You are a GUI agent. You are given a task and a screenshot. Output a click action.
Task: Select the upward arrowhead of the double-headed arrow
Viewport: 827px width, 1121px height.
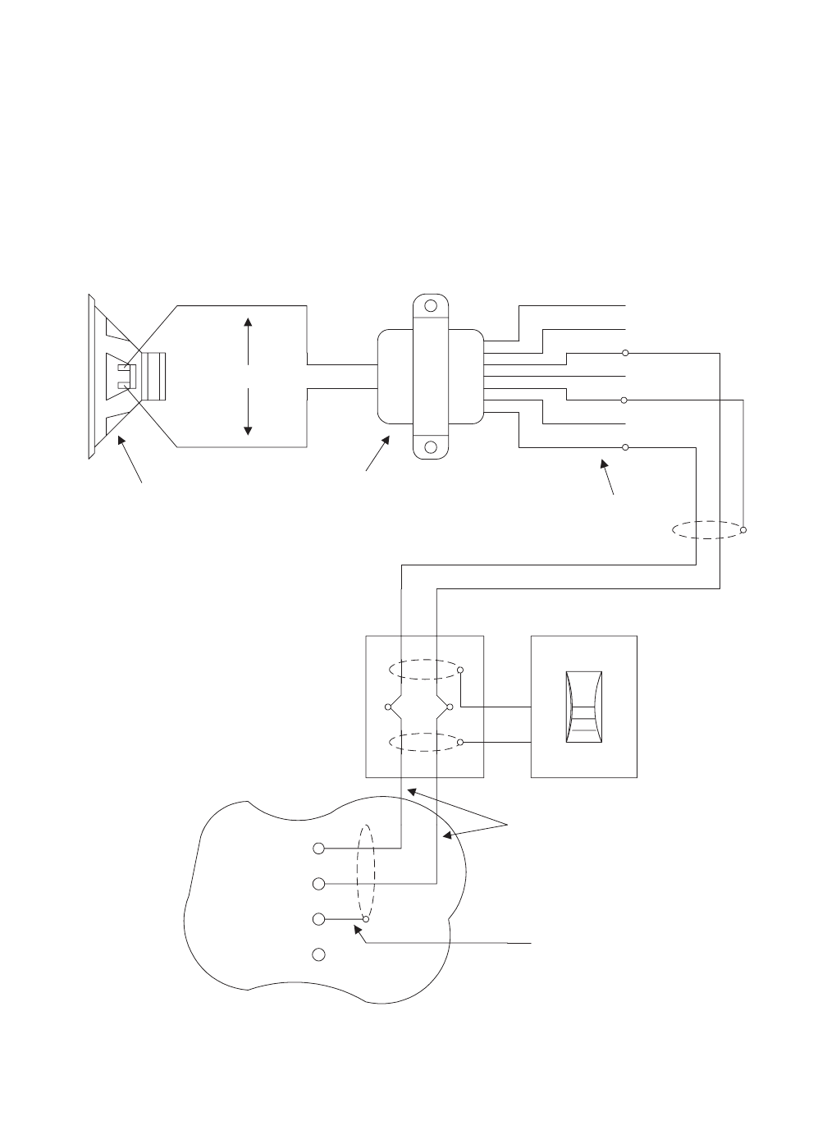pyautogui.click(x=248, y=323)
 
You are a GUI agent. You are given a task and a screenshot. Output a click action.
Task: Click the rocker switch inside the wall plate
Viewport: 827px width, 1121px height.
pyautogui.click(x=584, y=707)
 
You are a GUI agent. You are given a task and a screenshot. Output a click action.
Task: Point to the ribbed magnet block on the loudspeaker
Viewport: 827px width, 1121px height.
pyautogui.click(x=153, y=377)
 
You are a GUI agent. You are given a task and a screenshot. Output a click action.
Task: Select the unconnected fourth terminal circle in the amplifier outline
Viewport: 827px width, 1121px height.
pyautogui.click(x=320, y=954)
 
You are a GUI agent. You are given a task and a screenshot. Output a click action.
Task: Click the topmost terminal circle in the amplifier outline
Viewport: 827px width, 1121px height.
pyautogui.click(x=320, y=848)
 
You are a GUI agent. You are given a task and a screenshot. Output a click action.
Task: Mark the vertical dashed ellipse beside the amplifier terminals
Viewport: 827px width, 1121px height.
pyautogui.click(x=367, y=873)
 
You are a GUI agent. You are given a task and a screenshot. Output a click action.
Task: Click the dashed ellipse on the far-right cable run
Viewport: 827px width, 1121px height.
pyautogui.click(x=706, y=530)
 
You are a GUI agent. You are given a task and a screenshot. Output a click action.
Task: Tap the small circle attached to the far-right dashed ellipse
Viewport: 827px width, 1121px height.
pyautogui.click(x=743, y=531)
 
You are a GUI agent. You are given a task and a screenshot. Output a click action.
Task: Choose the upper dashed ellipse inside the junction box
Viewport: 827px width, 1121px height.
pyautogui.click(x=423, y=670)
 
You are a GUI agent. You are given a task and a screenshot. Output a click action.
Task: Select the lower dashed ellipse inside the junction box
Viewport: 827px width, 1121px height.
pyautogui.click(x=423, y=742)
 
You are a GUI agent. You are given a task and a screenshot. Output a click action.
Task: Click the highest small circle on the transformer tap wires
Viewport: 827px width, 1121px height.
pyautogui.click(x=625, y=353)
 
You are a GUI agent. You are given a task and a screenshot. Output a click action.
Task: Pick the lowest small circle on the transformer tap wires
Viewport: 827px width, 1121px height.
pyautogui.click(x=625, y=447)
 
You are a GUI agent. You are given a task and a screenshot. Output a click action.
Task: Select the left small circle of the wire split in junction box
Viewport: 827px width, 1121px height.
pyautogui.click(x=388, y=707)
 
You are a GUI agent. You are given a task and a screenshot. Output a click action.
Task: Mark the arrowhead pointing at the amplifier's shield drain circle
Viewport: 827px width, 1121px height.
pyautogui.click(x=354, y=927)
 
